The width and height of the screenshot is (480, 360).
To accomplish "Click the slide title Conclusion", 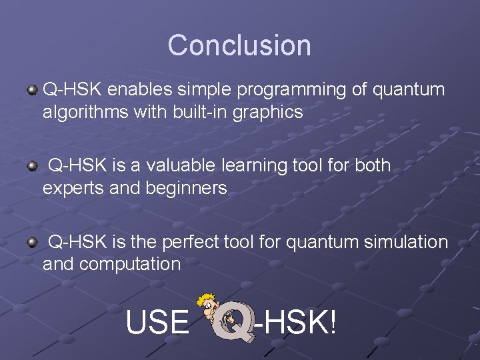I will coord(239,45).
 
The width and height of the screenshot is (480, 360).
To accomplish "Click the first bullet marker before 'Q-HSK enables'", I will coord(32,89).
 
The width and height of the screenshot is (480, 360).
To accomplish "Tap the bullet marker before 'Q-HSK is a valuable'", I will coord(32,165).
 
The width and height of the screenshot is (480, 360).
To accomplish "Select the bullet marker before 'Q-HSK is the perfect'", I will coord(32,241).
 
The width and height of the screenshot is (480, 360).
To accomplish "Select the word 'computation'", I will coord(129,264).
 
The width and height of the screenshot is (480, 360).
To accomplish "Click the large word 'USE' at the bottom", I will coord(157,323).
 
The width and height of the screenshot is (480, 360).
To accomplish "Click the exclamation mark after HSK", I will coord(331,323).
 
